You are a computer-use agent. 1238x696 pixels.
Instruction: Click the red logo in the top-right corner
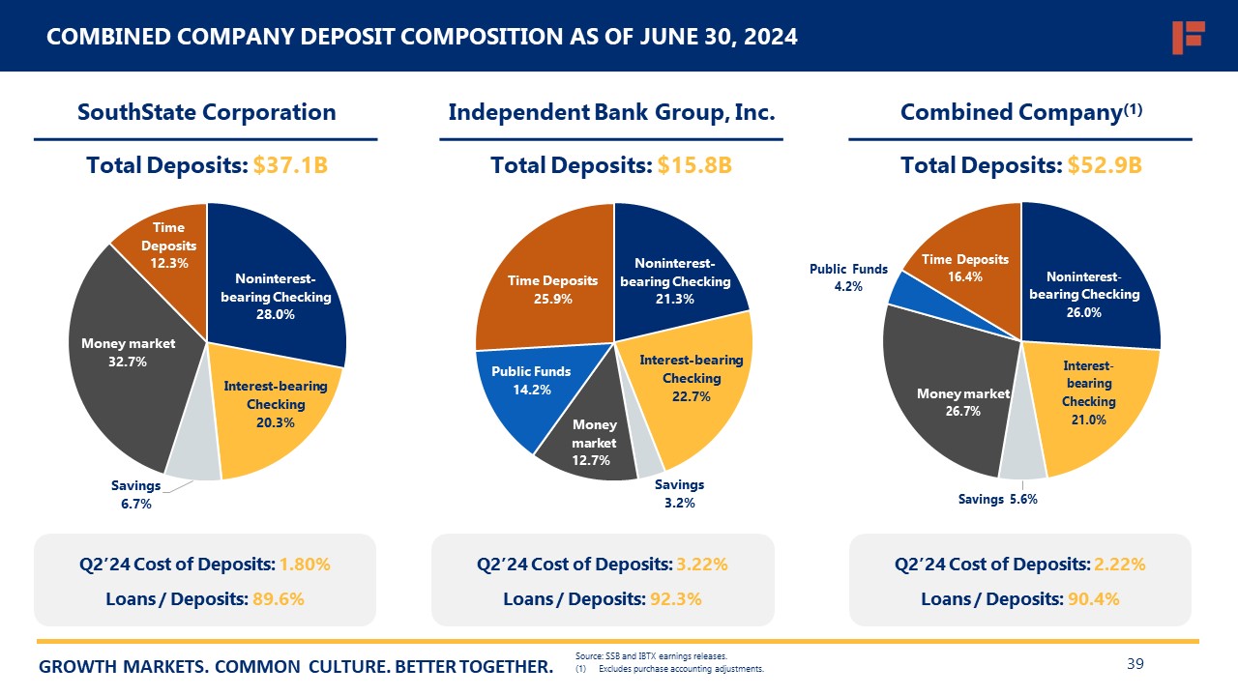1187,37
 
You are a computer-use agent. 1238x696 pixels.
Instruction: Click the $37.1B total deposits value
290,165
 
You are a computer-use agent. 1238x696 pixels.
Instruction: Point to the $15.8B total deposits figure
694,165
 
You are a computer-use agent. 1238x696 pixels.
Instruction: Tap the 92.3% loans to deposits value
676,599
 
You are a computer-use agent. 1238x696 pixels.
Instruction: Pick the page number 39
1135,663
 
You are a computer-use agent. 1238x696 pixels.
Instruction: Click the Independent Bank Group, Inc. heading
611,112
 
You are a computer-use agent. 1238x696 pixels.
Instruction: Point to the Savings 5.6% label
998,500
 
